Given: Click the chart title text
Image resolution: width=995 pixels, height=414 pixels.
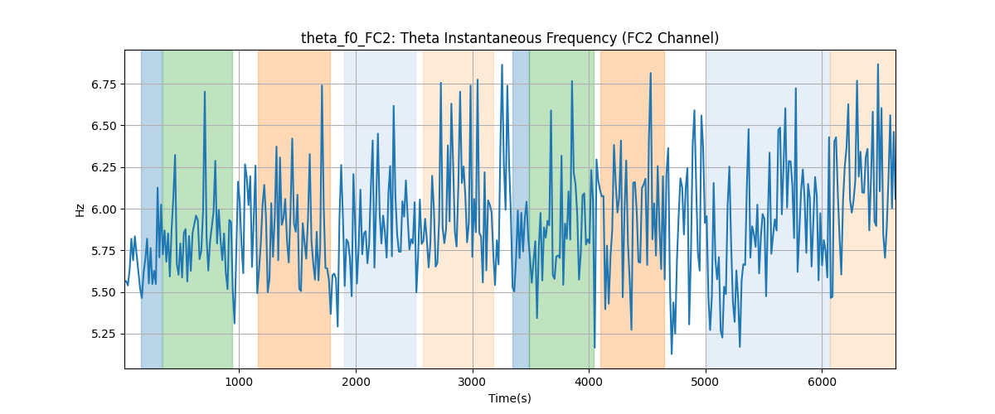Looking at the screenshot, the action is [x=509, y=38].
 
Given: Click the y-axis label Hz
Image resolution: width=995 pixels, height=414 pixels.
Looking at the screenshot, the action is [x=80, y=209].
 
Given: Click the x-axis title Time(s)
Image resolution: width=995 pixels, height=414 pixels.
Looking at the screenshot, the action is [x=509, y=398].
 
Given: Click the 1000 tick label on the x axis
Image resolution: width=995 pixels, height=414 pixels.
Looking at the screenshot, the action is [x=239, y=382].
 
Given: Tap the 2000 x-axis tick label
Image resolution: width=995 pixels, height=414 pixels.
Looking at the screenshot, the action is [x=356, y=382].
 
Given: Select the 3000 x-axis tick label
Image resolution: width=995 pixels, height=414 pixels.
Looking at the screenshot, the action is [x=473, y=382].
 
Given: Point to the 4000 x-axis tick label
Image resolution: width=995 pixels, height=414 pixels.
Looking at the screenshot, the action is [x=589, y=382].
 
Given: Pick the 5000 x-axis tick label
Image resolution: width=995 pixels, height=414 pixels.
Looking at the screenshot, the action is [x=706, y=382].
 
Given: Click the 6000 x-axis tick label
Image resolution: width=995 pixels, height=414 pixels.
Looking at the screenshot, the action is [x=823, y=382].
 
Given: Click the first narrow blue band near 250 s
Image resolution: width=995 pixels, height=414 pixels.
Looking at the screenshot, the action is [x=152, y=209].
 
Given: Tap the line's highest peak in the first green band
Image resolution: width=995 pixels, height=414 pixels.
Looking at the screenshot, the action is [x=205, y=92].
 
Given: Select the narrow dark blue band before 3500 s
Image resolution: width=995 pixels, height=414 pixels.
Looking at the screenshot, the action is [x=521, y=209].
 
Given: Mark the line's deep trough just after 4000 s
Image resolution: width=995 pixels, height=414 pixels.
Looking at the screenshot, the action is [x=595, y=348].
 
